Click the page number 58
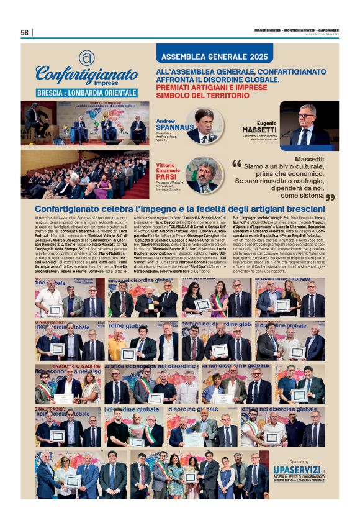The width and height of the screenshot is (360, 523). (x=25, y=32)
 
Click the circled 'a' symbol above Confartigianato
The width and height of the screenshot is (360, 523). (x=86, y=57)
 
